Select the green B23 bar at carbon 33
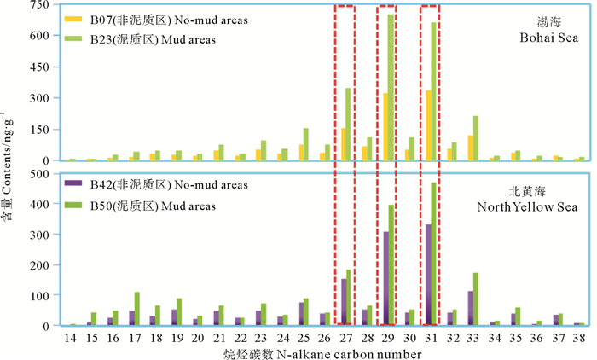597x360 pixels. click(x=476, y=138)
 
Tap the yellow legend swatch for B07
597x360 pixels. click(x=73, y=18)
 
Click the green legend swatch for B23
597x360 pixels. click(x=73, y=37)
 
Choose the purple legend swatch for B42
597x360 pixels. click(x=73, y=185)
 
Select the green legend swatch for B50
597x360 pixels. click(x=73, y=205)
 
